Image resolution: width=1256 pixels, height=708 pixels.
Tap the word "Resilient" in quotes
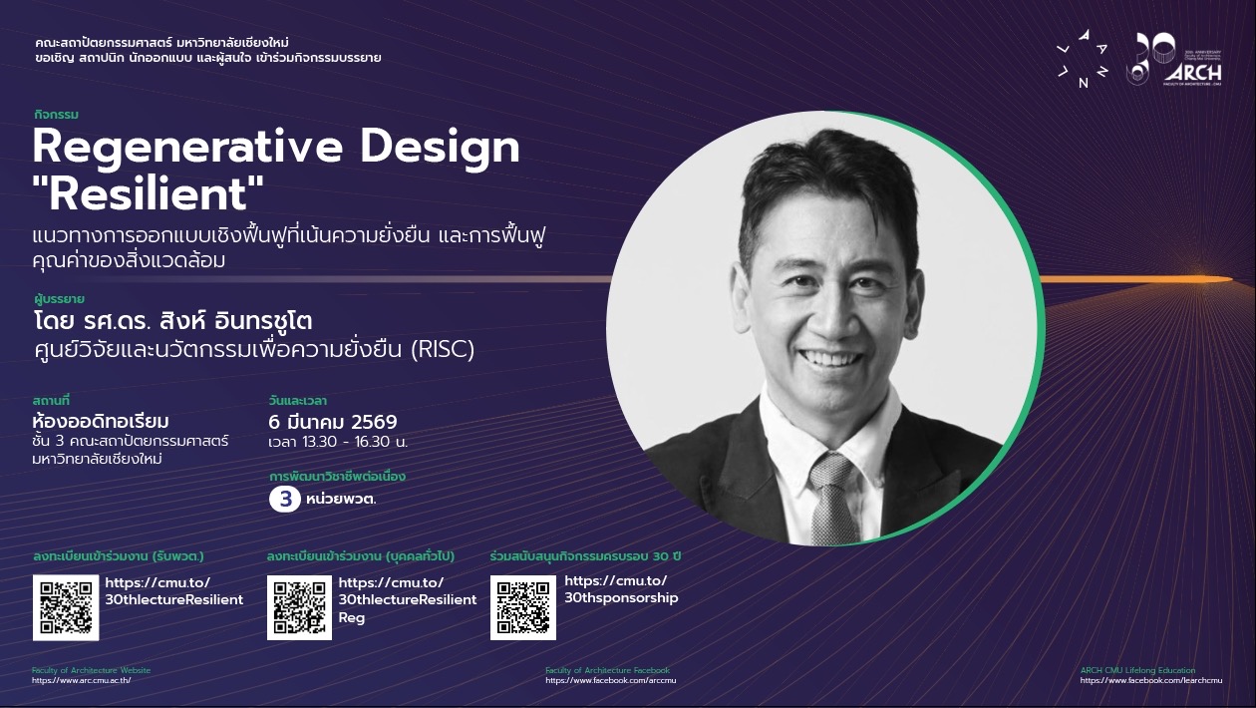[150, 193]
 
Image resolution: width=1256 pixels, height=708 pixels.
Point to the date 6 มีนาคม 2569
[333, 422]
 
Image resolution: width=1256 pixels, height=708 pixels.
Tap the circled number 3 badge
[285, 499]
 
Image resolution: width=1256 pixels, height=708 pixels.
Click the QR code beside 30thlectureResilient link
[66, 607]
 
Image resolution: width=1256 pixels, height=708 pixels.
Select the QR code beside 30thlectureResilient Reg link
[299, 607]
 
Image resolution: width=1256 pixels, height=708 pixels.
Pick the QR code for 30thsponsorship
[523, 607]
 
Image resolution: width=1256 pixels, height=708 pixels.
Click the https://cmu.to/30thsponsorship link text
[621, 589]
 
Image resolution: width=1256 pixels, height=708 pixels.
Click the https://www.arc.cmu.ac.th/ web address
[82, 681]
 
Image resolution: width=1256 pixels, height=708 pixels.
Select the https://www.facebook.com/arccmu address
[611, 681]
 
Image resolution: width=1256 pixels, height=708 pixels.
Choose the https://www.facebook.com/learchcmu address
[1151, 681]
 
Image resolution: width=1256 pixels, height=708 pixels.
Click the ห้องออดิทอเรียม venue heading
[101, 422]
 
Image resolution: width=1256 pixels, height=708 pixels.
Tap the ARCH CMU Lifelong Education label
[1137, 670]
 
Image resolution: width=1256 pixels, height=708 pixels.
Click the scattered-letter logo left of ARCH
[1083, 60]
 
